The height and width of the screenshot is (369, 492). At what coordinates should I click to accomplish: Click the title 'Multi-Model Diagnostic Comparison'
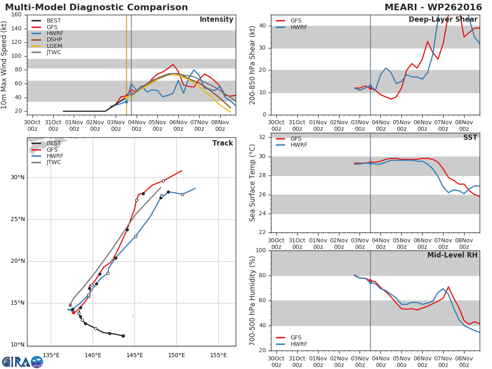pos(96,7)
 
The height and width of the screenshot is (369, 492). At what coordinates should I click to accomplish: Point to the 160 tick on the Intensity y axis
pos(17,15)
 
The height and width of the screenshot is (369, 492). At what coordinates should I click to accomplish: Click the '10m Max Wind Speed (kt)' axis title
pos(5,65)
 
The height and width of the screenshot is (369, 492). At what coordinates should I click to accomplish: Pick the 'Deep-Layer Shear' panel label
pos(443,20)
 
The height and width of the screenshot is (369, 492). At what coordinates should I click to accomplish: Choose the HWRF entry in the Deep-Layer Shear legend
pos(298,27)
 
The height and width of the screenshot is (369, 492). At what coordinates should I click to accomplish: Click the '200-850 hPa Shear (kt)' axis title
pos(253,65)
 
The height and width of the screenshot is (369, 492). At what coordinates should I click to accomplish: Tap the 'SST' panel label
pos(470,138)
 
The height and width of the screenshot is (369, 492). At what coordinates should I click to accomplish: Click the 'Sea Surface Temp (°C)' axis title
pos(253,182)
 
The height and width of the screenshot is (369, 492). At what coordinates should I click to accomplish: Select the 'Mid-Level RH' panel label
pos(452,255)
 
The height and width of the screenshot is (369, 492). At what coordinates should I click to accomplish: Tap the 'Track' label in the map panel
pos(223,143)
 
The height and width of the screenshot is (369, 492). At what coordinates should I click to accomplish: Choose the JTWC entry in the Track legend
pos(53,162)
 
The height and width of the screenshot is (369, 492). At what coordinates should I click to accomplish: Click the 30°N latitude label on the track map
pos(18,178)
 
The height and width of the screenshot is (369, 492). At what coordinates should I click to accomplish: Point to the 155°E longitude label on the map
pos(218,355)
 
